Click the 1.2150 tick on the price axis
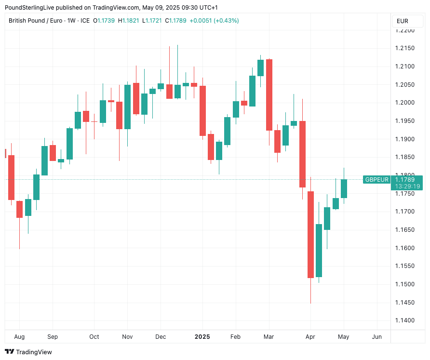pyautogui.click(x=405, y=48)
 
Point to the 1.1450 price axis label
pyautogui.click(x=405, y=302)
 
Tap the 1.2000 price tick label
pyautogui.click(x=405, y=103)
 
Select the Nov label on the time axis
pyautogui.click(x=127, y=336)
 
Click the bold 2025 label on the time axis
pyautogui.click(x=202, y=336)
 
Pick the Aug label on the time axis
pyautogui.click(x=19, y=336)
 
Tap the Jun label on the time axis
pyautogui.click(x=377, y=336)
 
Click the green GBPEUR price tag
pyautogui.click(x=376, y=180)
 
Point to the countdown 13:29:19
pyautogui.click(x=407, y=186)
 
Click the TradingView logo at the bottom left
pyautogui.click(x=28, y=352)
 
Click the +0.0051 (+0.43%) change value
pyautogui.click(x=215, y=21)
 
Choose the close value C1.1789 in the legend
pyautogui.click(x=176, y=21)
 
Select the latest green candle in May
pyautogui.click(x=344, y=188)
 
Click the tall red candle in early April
pyautogui.click(x=310, y=234)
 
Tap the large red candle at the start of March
pyautogui.click(x=269, y=94)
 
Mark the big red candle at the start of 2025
pyautogui.click(x=203, y=111)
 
